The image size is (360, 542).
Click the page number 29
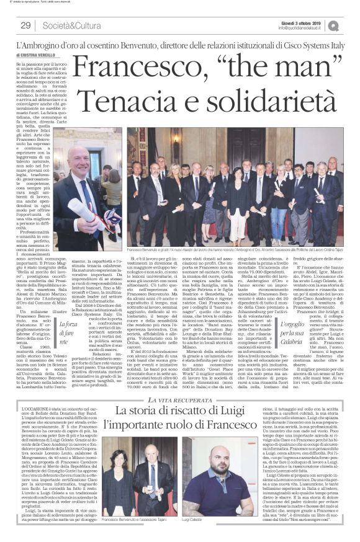(25, 25)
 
